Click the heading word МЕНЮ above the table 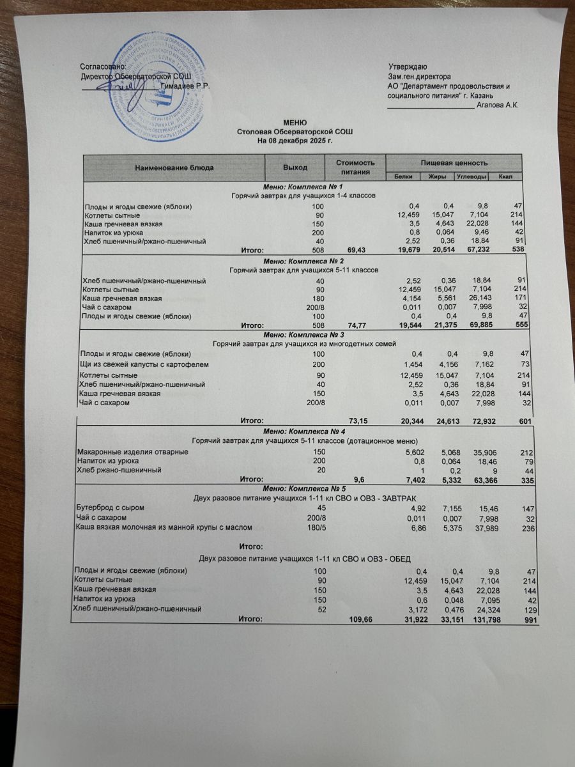pyautogui.click(x=295, y=122)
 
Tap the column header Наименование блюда pyautogui.click(x=174, y=167)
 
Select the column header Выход pyautogui.click(x=295, y=167)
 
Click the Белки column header pyautogui.click(x=403, y=176)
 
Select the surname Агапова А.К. pyautogui.click(x=498, y=105)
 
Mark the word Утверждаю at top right pyautogui.click(x=408, y=67)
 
